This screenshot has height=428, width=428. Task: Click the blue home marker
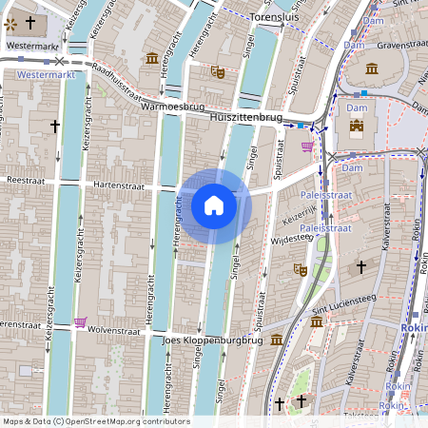(214, 204)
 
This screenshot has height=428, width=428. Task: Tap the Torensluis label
(273, 17)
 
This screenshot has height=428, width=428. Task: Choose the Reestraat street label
(26, 178)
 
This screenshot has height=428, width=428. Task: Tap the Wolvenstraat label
(113, 331)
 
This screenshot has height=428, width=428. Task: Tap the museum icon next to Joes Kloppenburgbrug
(276, 340)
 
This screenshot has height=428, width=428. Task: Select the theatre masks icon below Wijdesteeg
(299, 270)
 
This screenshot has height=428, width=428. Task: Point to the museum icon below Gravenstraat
(371, 68)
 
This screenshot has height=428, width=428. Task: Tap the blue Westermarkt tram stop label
(46, 72)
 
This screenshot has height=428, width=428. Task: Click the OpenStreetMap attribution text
(96, 421)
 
